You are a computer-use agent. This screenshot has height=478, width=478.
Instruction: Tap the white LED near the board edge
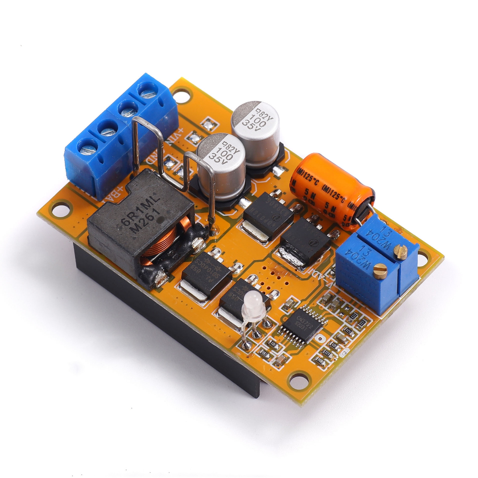pos(253,304)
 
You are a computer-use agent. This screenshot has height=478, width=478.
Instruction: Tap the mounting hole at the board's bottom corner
pos(298,380)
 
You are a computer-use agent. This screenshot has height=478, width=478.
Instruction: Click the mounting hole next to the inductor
pos(60,209)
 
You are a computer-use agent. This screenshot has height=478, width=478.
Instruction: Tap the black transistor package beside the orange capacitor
pos(306,240)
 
